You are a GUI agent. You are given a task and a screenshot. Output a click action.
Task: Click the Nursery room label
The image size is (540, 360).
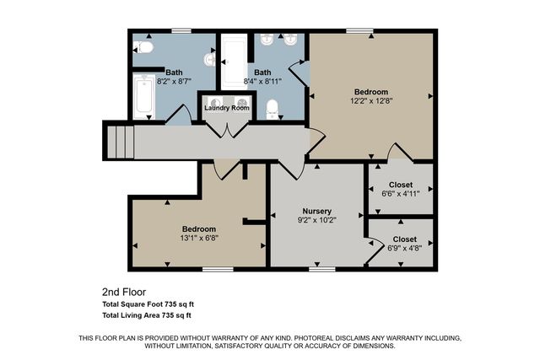coord(317,211)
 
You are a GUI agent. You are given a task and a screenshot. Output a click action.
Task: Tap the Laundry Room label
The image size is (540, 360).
coord(227,108)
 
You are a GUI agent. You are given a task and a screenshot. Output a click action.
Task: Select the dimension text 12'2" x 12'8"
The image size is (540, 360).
coord(371,101)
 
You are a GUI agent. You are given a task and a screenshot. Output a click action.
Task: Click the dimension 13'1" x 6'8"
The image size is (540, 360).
coord(199,238)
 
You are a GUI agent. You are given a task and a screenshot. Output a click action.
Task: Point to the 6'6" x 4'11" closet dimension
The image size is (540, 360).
coord(401,194)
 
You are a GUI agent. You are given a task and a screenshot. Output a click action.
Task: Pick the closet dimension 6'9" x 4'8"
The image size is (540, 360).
coord(405,248)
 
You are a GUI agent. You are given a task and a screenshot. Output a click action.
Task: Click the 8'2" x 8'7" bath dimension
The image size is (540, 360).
coord(174,82)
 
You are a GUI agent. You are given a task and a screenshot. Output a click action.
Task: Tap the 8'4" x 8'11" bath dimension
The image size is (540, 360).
coord(262,82)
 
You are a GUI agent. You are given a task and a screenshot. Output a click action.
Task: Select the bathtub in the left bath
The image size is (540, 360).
coord(144,96)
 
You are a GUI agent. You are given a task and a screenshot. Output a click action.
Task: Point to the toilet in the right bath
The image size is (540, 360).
coord(272,109)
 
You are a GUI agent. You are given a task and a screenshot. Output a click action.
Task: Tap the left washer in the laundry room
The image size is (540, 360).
coord(216,103)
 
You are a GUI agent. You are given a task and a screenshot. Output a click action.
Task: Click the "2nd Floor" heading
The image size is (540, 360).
coord(124,293)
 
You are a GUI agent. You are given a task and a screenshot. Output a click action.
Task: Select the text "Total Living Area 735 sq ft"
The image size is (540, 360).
coord(147,315)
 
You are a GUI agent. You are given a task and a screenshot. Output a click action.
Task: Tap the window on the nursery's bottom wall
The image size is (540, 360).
coord(322,269)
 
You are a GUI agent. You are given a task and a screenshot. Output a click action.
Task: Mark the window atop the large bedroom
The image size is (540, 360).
coord(359,30)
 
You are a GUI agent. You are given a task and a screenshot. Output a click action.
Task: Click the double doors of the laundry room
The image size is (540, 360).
coord(227,130)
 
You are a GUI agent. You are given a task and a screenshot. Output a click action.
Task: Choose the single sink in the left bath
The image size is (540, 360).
coord(210,60)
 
